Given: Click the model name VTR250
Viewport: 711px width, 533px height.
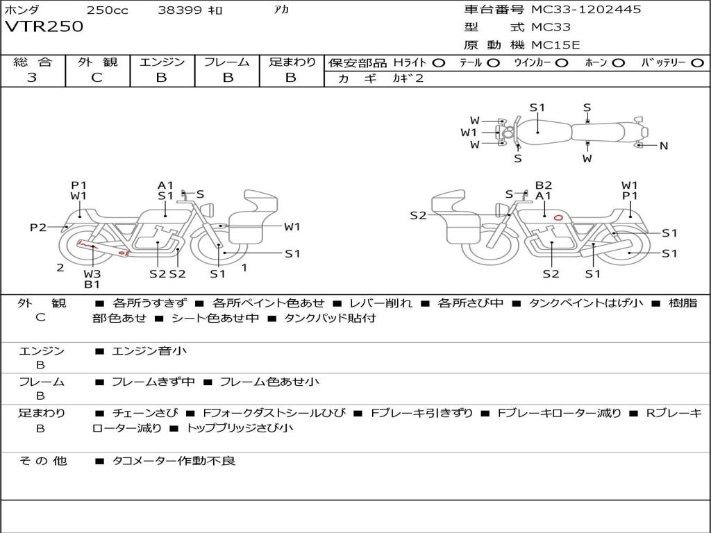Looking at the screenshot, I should click(x=44, y=27).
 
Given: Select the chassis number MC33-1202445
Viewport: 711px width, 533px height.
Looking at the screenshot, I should click(x=586, y=10).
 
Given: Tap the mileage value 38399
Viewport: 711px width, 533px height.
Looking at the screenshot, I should click(x=180, y=10).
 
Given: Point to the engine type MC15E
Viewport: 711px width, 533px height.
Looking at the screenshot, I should click(x=555, y=45).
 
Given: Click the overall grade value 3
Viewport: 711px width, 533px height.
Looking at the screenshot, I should click(x=32, y=78).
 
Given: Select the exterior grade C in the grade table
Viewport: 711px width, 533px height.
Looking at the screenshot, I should click(x=97, y=78).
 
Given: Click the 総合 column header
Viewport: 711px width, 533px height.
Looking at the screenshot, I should click(x=32, y=62).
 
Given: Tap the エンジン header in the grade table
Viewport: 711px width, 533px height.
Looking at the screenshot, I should click(x=162, y=62).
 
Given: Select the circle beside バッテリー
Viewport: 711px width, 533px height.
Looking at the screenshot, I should click(x=698, y=62).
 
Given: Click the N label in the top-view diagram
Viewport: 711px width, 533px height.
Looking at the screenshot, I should click(x=664, y=146).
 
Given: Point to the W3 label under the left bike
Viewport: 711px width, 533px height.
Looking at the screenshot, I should click(x=92, y=273).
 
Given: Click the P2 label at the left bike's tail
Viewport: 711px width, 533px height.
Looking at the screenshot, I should click(x=38, y=227).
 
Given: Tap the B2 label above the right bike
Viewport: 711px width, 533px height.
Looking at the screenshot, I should click(x=543, y=185).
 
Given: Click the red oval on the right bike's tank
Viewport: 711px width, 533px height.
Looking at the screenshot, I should click(x=558, y=217).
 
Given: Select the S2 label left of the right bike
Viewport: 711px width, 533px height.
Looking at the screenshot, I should click(x=418, y=215).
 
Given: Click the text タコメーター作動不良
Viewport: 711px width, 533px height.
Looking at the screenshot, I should click(x=174, y=460).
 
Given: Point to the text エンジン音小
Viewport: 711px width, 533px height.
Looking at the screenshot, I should click(x=149, y=351).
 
